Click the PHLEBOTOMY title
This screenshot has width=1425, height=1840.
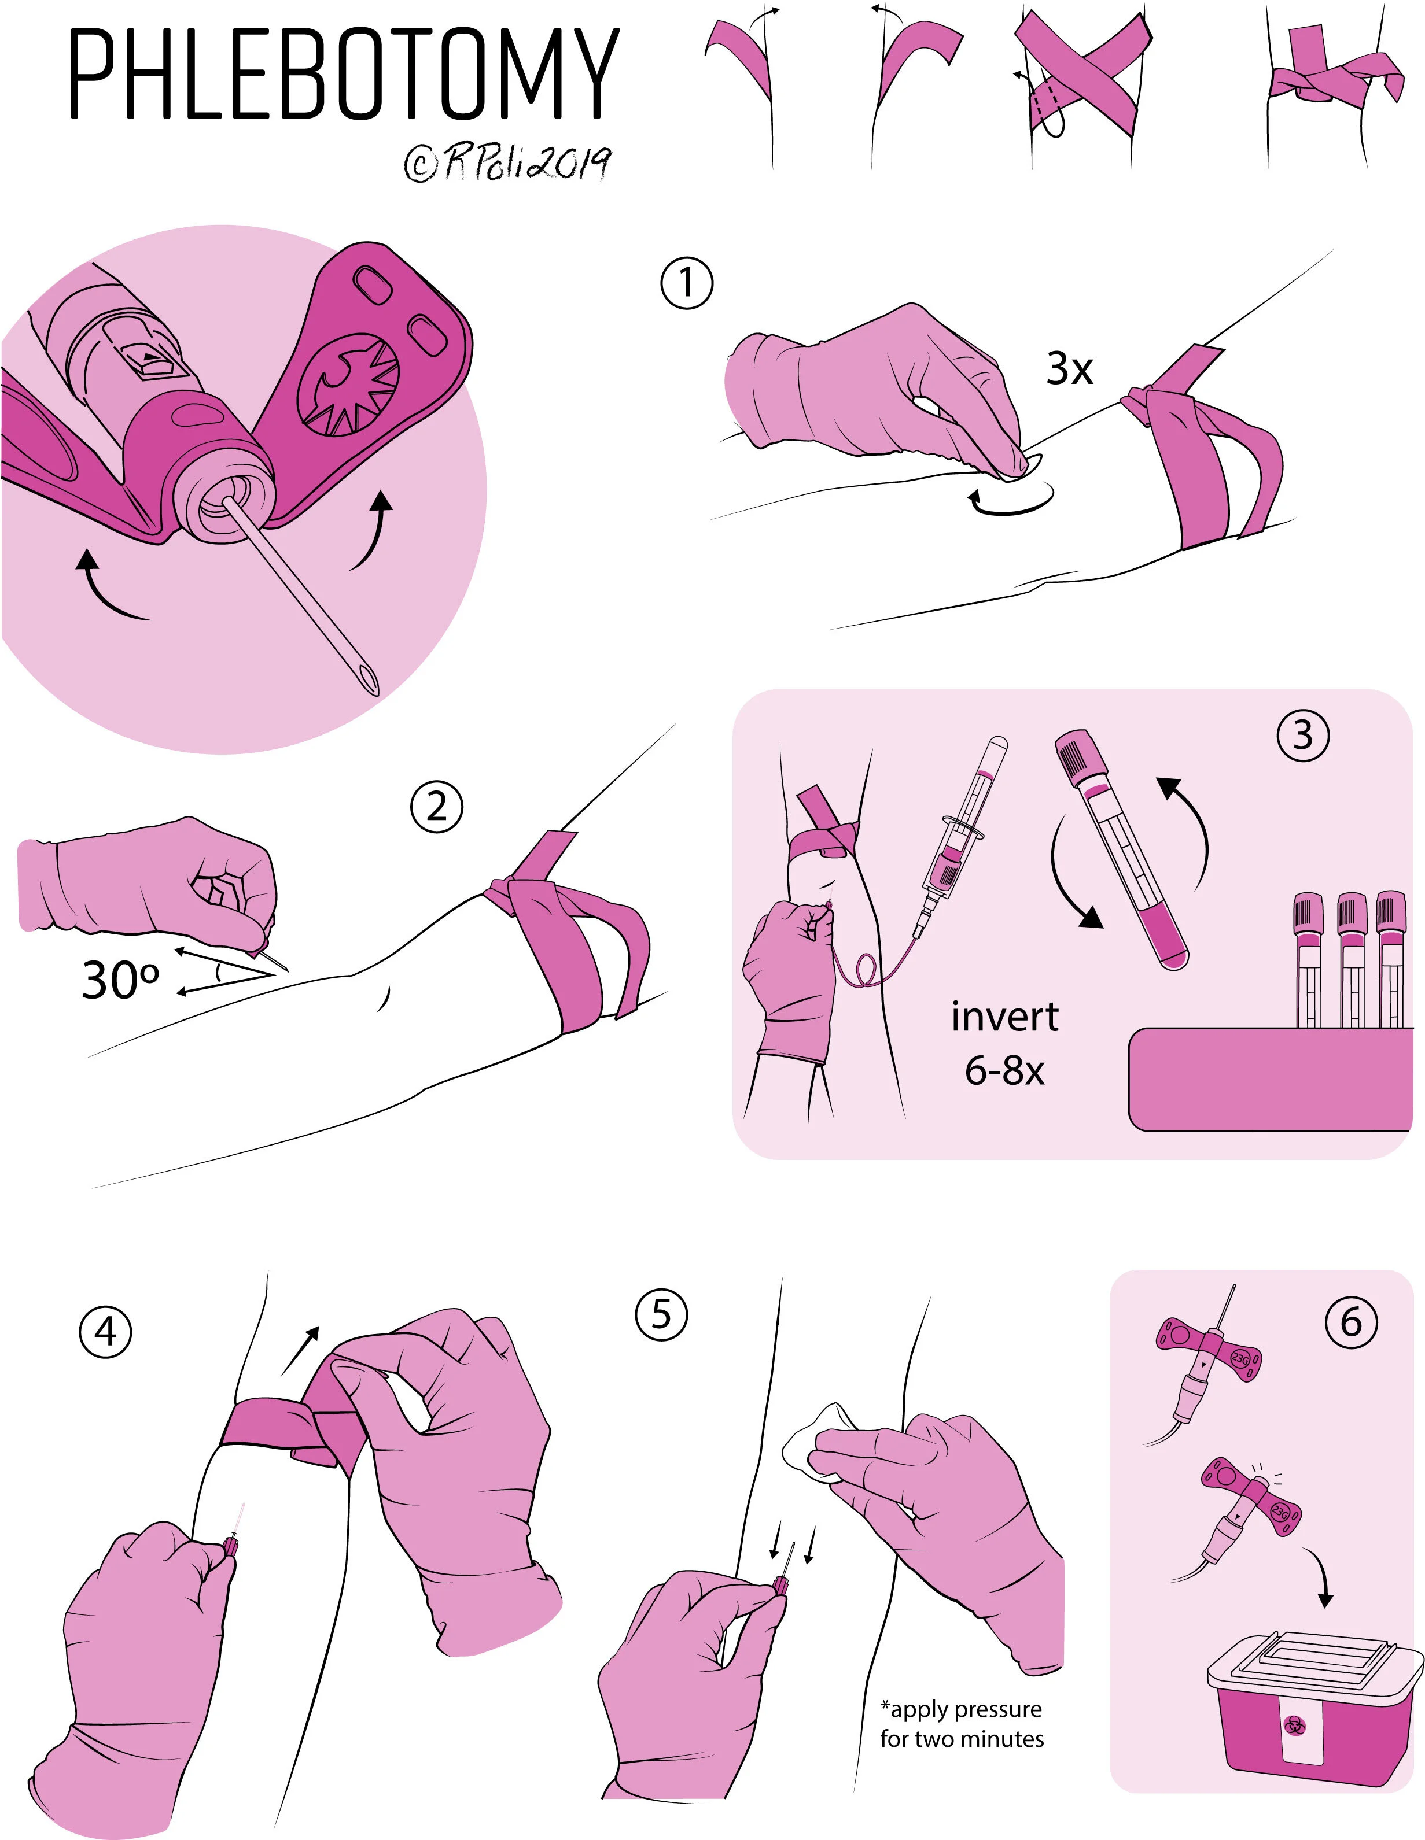(344, 74)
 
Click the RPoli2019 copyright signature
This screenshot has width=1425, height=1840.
(507, 162)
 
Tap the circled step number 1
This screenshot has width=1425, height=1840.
(686, 284)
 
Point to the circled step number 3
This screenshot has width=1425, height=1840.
(1302, 736)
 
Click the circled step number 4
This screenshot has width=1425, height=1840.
(105, 1333)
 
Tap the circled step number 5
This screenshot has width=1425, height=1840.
(661, 1315)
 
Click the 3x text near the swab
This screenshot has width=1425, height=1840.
(1069, 368)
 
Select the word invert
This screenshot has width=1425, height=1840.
(1004, 1017)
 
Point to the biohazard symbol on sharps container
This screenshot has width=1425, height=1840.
(1294, 1726)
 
